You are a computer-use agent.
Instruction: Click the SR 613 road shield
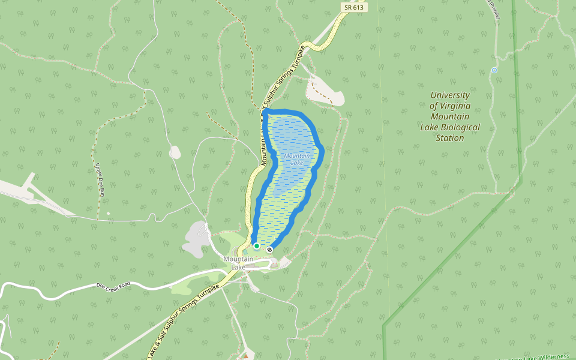click(354, 7)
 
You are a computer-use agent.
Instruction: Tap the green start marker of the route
click(257, 246)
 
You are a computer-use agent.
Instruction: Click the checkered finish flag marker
click(270, 249)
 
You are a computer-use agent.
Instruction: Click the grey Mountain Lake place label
click(239, 262)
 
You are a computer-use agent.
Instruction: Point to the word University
click(450, 95)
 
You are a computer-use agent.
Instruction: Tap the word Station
click(450, 138)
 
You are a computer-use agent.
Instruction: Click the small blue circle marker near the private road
click(494, 70)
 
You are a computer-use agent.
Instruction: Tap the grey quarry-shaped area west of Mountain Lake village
click(194, 238)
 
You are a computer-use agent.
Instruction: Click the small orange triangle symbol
click(244, 357)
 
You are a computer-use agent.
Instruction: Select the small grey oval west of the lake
click(175, 152)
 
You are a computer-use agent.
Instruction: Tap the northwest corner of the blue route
click(265, 112)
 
